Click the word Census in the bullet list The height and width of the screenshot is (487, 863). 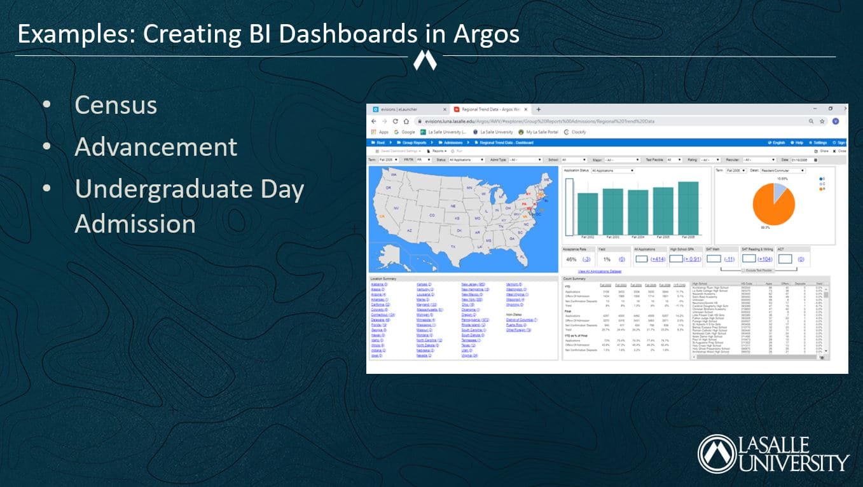pos(115,106)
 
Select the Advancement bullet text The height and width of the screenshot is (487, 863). pos(156,147)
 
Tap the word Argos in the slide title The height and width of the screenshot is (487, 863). pos(486,34)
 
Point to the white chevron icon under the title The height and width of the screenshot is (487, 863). pos(425,60)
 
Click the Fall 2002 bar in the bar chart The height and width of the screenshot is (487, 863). pos(588,214)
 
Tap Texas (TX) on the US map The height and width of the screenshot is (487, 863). pos(453,245)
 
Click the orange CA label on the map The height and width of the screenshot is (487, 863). pos(382,216)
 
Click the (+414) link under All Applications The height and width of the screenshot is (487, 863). pos(658,259)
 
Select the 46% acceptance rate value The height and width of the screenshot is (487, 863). pos(571,259)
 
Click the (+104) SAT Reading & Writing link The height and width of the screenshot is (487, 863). pos(765,259)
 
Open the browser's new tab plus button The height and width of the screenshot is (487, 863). pos(538,109)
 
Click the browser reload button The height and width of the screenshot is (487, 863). pos(396,121)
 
